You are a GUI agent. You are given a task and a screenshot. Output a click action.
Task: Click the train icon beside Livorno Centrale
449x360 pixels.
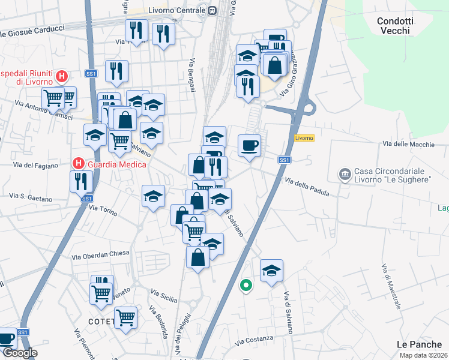point(212,10)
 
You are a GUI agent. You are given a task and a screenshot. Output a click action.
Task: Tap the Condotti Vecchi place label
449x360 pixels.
point(394,25)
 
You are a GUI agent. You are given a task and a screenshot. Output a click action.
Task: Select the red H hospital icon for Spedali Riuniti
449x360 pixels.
point(61,76)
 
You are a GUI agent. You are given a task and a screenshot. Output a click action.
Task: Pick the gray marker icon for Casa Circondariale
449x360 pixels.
point(345,175)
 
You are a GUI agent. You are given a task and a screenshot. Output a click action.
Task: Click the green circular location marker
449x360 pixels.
point(245,286)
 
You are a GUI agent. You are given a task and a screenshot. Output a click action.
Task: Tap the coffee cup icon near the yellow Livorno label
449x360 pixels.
point(249,145)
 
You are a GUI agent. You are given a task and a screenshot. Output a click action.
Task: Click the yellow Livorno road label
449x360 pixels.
point(304,138)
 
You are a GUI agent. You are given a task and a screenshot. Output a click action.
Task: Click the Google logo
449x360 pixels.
point(20,353)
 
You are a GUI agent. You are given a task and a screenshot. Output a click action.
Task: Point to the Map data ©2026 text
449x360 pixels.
point(423,355)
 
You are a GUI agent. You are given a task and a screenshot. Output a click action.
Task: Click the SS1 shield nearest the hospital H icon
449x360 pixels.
point(91,73)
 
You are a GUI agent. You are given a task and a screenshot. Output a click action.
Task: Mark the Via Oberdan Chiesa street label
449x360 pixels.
point(100,253)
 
